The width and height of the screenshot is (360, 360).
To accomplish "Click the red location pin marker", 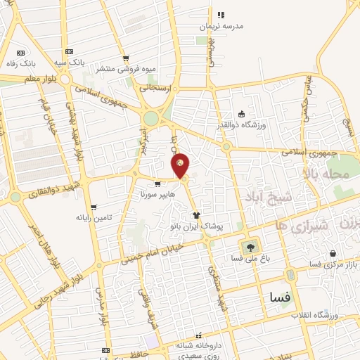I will point(181,165).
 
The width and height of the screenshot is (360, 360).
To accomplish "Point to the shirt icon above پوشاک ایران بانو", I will point(197,216).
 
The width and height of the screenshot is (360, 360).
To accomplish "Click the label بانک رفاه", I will point(22,63).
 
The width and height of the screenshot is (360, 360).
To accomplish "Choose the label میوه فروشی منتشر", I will point(124,70).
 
